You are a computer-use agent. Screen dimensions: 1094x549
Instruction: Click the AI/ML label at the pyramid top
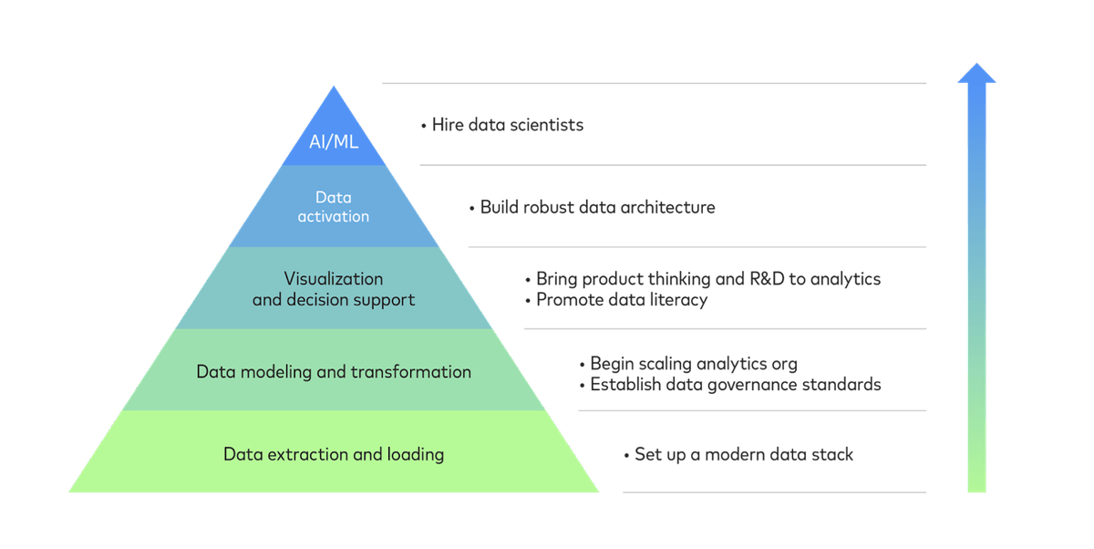pyautogui.click(x=334, y=141)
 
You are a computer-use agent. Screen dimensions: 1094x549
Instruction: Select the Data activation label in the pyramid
pyautogui.click(x=334, y=207)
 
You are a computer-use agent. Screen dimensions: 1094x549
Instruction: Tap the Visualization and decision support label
pyautogui.click(x=334, y=289)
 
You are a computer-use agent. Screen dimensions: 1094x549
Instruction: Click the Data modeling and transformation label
pyautogui.click(x=334, y=372)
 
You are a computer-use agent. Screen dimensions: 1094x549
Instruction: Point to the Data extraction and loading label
pyautogui.click(x=334, y=454)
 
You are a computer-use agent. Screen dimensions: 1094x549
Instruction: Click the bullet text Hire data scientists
pyautogui.click(x=502, y=125)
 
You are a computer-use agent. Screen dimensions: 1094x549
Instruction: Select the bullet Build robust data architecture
pyautogui.click(x=593, y=207)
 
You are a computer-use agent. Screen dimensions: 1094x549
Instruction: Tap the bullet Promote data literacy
pyautogui.click(x=616, y=299)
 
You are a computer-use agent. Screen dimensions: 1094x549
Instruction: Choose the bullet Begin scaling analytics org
pyautogui.click(x=688, y=364)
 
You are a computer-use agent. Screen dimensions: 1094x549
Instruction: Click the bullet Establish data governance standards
pyautogui.click(x=730, y=385)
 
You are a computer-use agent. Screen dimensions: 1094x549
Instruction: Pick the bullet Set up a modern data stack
pyautogui.click(x=738, y=455)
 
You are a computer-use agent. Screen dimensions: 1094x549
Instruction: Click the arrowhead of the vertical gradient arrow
pyautogui.click(x=976, y=73)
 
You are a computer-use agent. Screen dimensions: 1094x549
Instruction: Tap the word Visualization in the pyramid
pyautogui.click(x=334, y=279)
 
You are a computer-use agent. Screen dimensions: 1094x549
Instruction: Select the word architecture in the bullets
pyautogui.click(x=668, y=208)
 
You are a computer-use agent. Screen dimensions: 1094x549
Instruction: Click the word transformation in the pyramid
pyautogui.click(x=411, y=372)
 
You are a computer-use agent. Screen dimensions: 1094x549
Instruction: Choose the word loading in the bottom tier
pyautogui.click(x=416, y=455)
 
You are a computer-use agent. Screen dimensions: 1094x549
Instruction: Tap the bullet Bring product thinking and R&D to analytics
pyautogui.click(x=703, y=279)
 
